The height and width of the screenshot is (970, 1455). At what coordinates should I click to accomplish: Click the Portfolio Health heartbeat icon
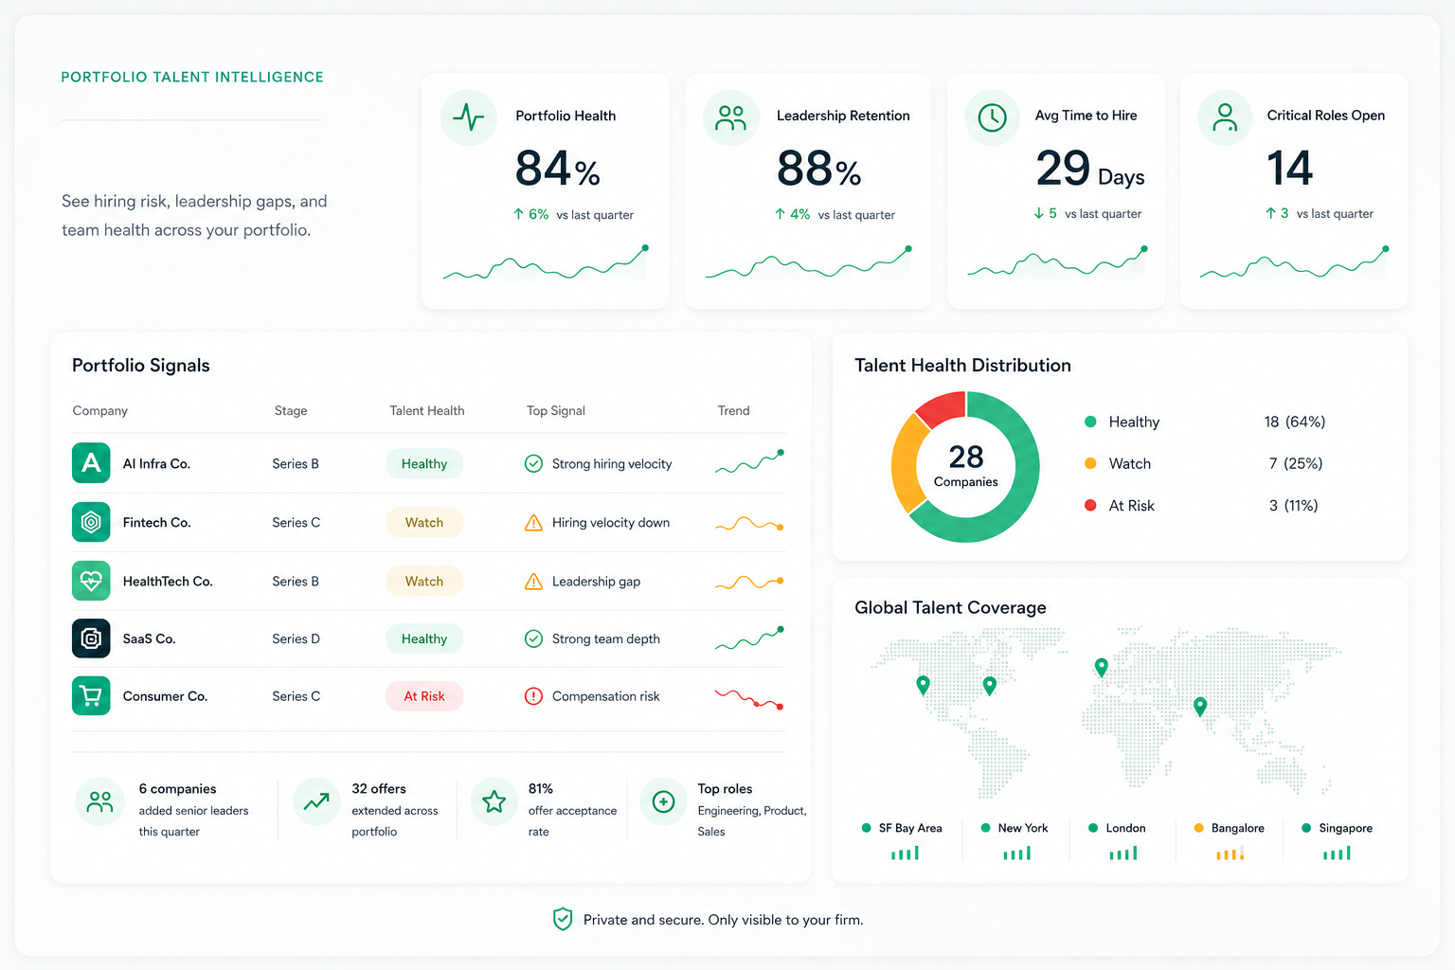[468, 117]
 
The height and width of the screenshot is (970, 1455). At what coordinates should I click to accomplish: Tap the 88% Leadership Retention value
[819, 169]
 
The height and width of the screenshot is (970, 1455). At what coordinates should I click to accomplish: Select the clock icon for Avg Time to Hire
[992, 117]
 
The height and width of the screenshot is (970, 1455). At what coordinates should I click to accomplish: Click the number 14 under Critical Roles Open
[1289, 168]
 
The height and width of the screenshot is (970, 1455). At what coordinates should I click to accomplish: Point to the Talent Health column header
[427, 410]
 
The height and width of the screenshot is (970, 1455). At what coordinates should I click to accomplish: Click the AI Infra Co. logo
[91, 463]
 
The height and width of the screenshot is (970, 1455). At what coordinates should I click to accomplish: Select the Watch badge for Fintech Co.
[424, 522]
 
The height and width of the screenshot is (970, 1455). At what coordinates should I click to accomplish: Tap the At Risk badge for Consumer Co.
[424, 696]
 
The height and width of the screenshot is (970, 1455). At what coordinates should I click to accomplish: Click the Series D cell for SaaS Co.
[296, 638]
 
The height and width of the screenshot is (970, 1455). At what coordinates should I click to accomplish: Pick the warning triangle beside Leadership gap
[533, 582]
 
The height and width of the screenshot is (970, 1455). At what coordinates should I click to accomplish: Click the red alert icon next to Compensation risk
[533, 696]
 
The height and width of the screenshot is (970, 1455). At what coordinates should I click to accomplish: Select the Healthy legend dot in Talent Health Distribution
[1090, 422]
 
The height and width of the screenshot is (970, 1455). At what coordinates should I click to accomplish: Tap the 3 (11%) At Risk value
[1293, 506]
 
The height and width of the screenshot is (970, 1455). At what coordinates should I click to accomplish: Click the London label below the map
[1125, 828]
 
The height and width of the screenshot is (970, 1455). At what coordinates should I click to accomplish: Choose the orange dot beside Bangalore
[1199, 828]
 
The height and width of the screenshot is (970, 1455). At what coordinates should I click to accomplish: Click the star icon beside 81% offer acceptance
[494, 801]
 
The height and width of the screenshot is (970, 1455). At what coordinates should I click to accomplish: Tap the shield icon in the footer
[563, 920]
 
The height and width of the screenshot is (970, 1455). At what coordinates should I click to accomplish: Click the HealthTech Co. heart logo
[91, 581]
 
